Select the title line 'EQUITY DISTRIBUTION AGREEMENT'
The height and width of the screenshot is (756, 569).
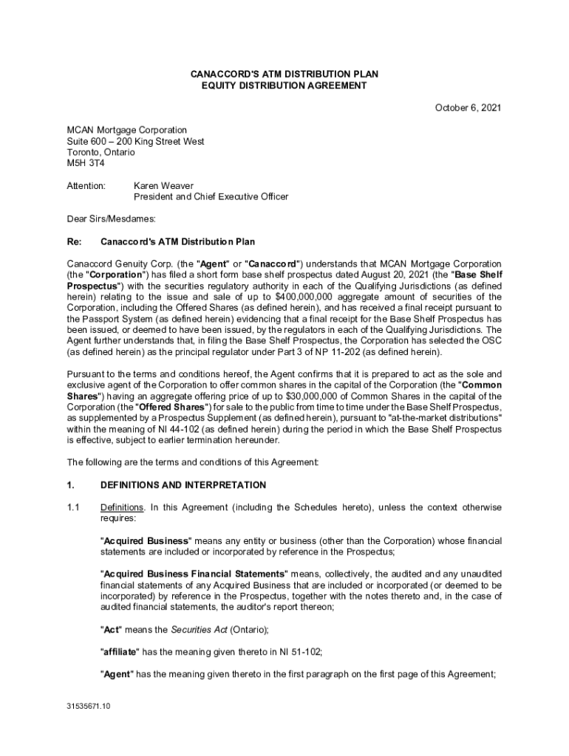click(284, 86)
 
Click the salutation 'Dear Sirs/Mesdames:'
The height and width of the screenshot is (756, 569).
click(112, 219)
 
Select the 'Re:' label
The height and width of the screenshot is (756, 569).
click(74, 241)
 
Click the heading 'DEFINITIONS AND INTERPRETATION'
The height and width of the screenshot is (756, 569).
click(183, 485)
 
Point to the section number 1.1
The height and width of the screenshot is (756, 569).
click(73, 507)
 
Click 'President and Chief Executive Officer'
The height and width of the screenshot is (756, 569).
click(211, 196)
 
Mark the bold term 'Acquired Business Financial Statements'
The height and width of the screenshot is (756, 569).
click(194, 574)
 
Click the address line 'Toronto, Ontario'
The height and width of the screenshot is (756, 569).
click(101, 152)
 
